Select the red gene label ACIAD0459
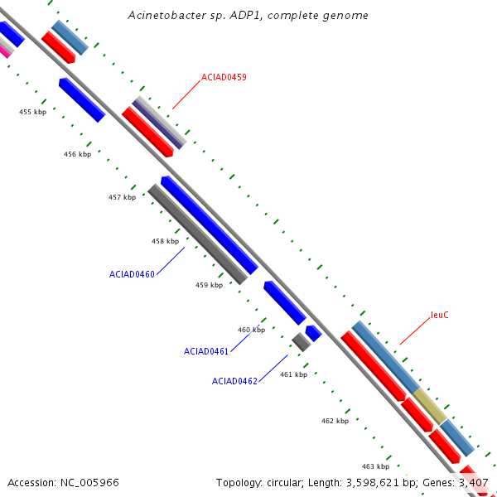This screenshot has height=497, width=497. pos(224,77)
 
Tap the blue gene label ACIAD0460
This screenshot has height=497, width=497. pos(132,273)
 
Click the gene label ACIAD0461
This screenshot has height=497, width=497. pos(206,351)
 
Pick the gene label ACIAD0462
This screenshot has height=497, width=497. pos(234,381)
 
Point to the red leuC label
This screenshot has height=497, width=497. pos(440,315)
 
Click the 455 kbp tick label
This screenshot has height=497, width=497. pos(33,112)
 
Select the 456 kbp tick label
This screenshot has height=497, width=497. pos(77,154)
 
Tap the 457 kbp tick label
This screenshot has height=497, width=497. pos(122,197)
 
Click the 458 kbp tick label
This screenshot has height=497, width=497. pos(165,241)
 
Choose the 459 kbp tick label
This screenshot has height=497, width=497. pos(209,285)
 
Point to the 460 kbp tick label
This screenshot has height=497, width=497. pos(251,330)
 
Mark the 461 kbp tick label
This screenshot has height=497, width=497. pos(293,374)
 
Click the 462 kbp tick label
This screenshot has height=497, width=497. pos(335,421)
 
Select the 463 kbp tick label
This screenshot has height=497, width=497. pos(375,466)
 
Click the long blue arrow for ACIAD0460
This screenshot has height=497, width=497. pos(210,225)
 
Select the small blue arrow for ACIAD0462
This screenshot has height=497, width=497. pos(313,333)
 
